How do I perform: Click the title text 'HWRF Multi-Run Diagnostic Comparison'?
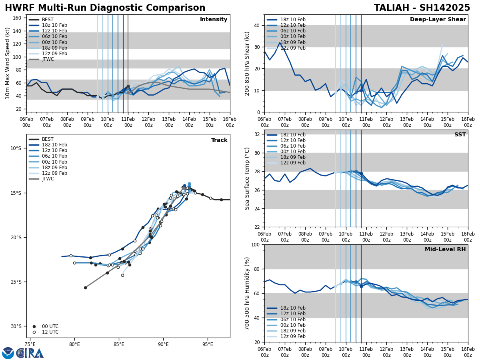click(105, 8)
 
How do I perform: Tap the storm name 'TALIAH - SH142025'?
click(422, 8)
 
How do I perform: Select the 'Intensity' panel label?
click(214, 20)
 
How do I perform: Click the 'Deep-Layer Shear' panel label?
click(438, 20)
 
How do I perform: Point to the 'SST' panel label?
click(460, 135)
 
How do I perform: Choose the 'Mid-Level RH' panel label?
click(445, 250)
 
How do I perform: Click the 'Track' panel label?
click(219, 140)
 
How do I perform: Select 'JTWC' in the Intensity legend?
click(48, 59)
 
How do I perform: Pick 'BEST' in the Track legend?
click(48, 139)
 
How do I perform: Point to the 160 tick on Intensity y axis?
click(18, 18)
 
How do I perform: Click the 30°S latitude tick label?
click(16, 326)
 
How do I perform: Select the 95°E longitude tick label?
click(208, 344)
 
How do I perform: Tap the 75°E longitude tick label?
click(30, 344)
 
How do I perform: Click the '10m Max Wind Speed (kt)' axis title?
click(8, 63)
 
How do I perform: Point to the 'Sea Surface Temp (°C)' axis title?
click(248, 178)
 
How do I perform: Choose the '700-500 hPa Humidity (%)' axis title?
click(248, 293)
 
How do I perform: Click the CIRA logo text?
click(30, 353)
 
